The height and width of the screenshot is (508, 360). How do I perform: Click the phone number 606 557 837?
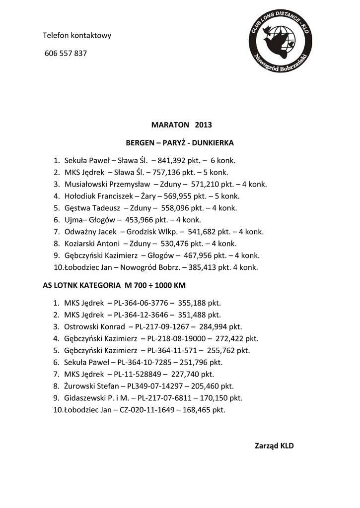[x=66, y=54]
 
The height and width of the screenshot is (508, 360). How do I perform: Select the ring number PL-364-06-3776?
[x=141, y=303]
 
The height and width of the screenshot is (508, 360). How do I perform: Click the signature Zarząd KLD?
[x=274, y=445]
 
